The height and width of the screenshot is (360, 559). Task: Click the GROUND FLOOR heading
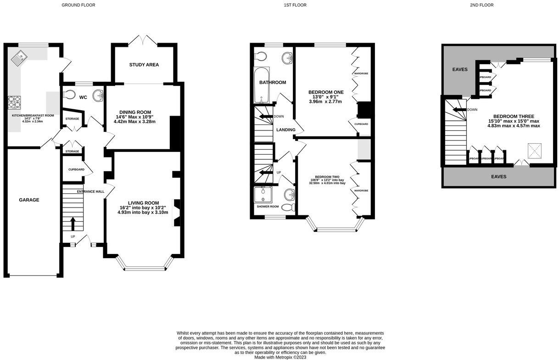pyautogui.click(x=78, y=5)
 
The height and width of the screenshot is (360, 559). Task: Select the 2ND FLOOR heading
pyautogui.click(x=481, y=5)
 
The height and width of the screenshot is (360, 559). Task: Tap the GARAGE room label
pyautogui.click(x=29, y=200)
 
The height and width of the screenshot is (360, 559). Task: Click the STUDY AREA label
pyautogui.click(x=144, y=65)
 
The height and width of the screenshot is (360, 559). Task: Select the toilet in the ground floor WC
pyautogui.click(x=69, y=95)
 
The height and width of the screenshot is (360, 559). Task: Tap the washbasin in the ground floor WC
pyautogui.click(x=98, y=96)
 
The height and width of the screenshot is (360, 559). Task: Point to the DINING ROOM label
pyautogui.click(x=135, y=112)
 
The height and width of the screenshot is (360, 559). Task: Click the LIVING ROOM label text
pyautogui.click(x=143, y=202)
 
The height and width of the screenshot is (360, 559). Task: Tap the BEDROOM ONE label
pyautogui.click(x=325, y=92)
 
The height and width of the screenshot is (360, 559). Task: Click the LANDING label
pyautogui.click(x=285, y=130)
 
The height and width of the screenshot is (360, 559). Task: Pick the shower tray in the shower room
pyautogui.click(x=263, y=194)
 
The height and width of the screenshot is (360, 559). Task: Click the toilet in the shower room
pyautogui.click(x=288, y=208)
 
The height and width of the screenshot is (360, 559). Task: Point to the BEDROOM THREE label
pyautogui.click(x=514, y=116)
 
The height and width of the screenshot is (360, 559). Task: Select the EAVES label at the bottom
pyautogui.click(x=498, y=176)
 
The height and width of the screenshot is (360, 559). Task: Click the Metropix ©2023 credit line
pyautogui.click(x=280, y=357)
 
